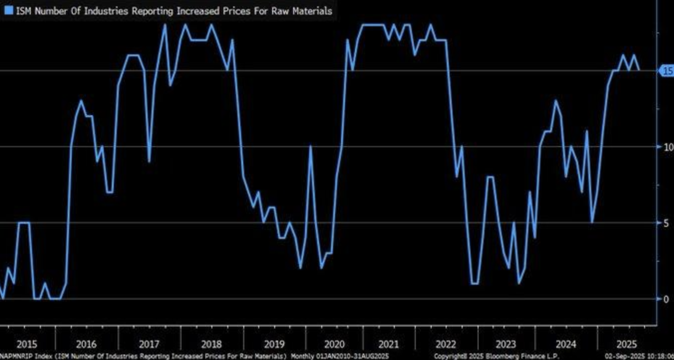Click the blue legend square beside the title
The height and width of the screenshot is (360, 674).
click(x=8, y=11)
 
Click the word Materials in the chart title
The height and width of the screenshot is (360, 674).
click(x=312, y=11)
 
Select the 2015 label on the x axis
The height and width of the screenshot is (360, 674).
click(x=26, y=344)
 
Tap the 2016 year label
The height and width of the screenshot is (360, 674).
click(x=86, y=344)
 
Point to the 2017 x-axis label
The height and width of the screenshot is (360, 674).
click(x=149, y=344)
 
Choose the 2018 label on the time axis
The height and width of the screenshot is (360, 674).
click(x=211, y=344)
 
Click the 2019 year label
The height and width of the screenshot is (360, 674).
click(x=274, y=344)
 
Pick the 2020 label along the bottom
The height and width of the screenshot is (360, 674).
click(x=334, y=344)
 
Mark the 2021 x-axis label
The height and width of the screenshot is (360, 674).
click(x=388, y=344)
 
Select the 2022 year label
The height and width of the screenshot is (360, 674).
click(x=445, y=344)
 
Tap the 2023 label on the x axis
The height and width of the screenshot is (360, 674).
click(x=505, y=344)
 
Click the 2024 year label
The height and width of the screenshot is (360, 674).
click(x=566, y=344)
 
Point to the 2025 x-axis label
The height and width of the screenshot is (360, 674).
click(x=627, y=344)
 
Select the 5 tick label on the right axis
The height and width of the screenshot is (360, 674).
click(x=666, y=223)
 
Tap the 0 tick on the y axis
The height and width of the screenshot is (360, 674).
click(x=666, y=299)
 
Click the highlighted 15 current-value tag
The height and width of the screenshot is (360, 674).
click(x=667, y=71)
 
